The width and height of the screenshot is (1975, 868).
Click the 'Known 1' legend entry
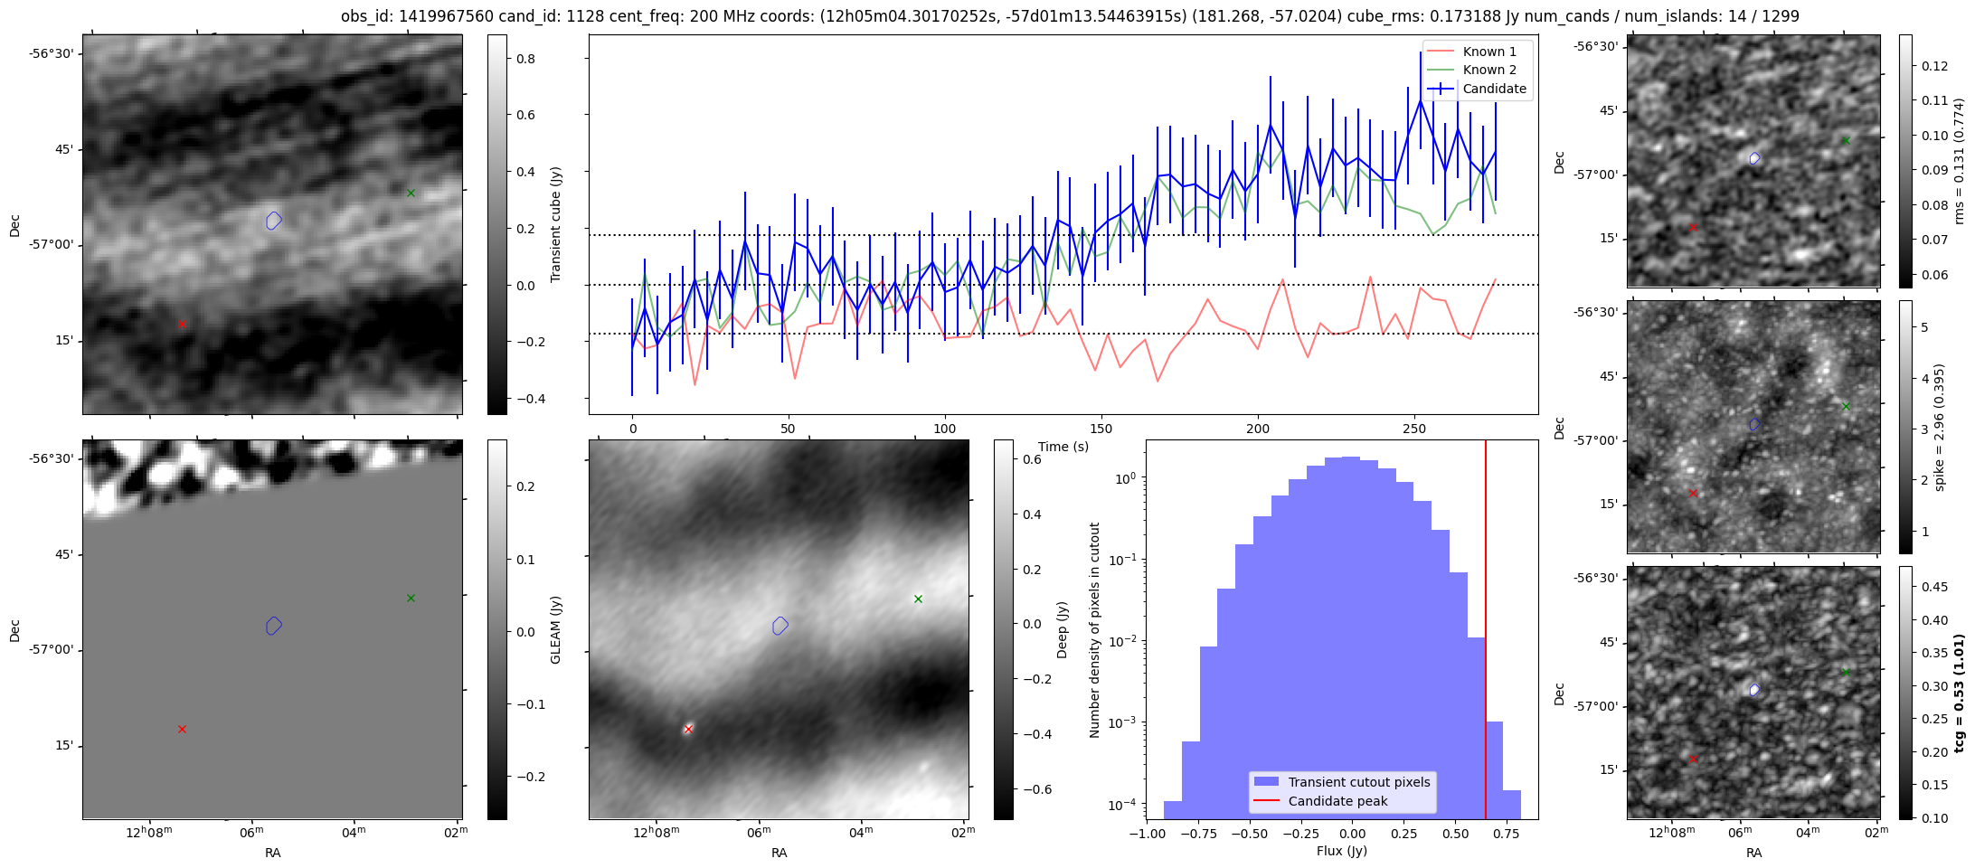point(1489,52)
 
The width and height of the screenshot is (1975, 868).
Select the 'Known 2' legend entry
point(1489,70)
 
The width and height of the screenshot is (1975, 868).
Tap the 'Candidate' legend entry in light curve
point(1494,89)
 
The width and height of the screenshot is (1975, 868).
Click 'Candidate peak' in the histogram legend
point(1337,801)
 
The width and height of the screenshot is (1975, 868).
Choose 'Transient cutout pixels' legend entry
point(1359,782)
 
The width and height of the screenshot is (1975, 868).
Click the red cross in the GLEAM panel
point(182,729)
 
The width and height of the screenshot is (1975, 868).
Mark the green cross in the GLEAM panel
point(411,598)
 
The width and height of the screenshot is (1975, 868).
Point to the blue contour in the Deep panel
point(780,625)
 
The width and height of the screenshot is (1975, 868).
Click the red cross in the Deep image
point(688,729)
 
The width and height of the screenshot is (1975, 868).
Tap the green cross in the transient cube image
point(411,193)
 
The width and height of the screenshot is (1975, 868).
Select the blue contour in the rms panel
point(1754,158)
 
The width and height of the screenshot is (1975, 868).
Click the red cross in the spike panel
point(1694,494)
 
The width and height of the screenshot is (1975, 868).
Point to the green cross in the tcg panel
point(1846,672)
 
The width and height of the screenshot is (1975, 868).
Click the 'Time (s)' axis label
point(1063,447)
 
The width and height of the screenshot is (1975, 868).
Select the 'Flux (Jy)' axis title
point(1342,851)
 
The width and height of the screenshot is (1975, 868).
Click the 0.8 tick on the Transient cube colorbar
point(524,59)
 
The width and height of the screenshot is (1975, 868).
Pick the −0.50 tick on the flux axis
point(1249,834)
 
